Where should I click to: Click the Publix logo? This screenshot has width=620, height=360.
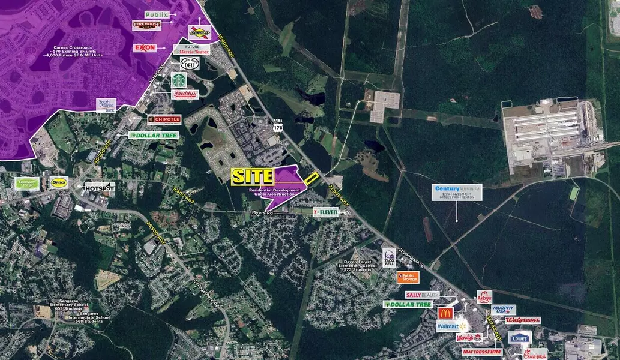click(x=157, y=14)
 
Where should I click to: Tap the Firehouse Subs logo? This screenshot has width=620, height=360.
click(x=146, y=25)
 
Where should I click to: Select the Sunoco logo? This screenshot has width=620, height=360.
click(x=199, y=32)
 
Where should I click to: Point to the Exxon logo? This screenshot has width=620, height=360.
click(x=145, y=47)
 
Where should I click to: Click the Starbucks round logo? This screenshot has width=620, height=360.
click(x=178, y=80)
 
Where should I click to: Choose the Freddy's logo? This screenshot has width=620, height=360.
click(x=185, y=94)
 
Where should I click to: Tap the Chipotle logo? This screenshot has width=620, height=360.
click(x=164, y=119)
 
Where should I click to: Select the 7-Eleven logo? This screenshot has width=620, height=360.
click(x=325, y=212)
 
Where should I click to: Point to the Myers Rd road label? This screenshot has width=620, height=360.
click(x=262, y=212)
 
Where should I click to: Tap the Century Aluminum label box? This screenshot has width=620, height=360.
click(x=458, y=192)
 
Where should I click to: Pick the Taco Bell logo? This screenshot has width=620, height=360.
click(x=389, y=257)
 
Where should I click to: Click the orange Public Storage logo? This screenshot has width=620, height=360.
click(x=408, y=277)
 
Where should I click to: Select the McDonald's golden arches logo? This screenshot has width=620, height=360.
click(x=445, y=313)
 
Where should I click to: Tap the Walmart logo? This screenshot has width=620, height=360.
click(x=453, y=326)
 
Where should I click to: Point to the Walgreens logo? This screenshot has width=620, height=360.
click(x=522, y=320)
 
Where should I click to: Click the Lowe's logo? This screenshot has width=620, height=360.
click(x=519, y=337)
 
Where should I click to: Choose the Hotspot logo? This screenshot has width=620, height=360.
click(x=100, y=187)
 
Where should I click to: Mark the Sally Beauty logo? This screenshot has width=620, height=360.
click(x=422, y=295)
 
